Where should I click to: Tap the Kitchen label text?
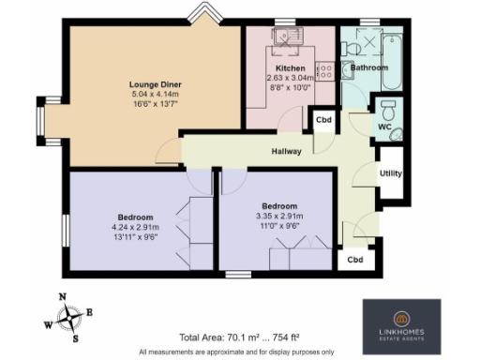[x=288, y=68]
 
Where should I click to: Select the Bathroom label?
[x=368, y=68]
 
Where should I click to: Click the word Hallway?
[x=287, y=152]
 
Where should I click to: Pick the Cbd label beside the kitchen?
[x=323, y=121]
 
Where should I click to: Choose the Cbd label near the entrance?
[x=355, y=260]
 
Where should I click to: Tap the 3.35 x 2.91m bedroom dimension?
[x=279, y=217]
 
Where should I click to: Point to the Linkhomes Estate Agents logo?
[x=401, y=325]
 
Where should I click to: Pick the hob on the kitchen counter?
[x=325, y=68]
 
